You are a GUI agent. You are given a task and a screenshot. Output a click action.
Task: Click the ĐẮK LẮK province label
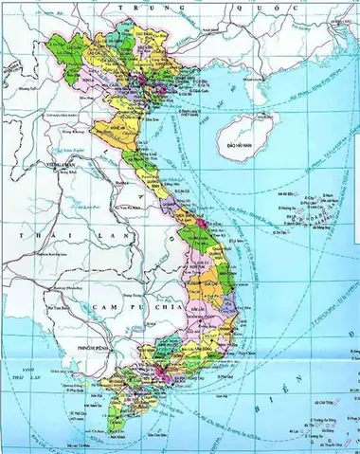223,299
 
